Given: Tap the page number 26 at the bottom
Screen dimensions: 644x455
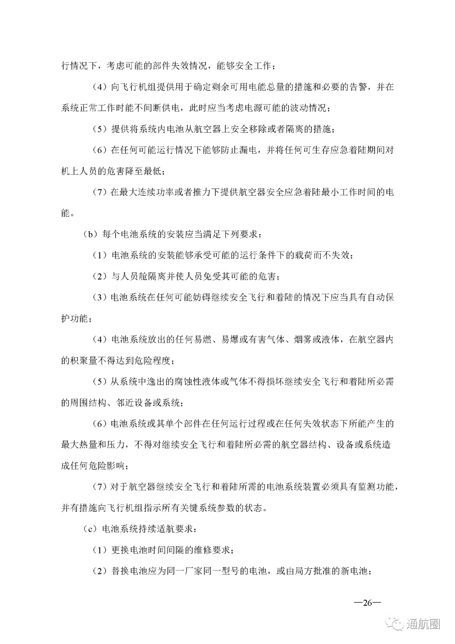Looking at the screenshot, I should pyautogui.click(x=367, y=603).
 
